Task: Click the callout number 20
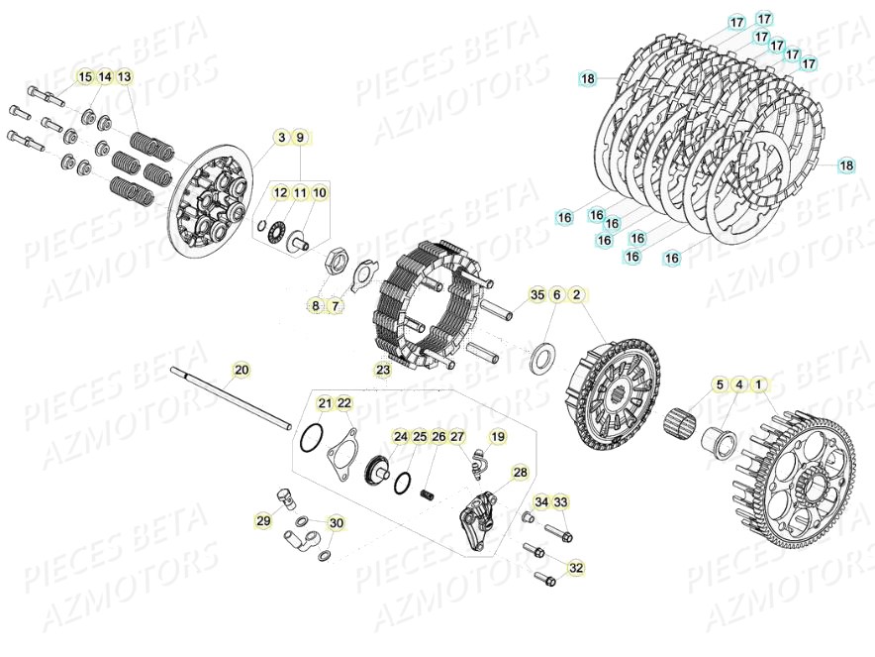(x=242, y=371)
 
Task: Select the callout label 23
(x=383, y=371)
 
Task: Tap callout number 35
(x=536, y=295)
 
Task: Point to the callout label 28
(x=520, y=474)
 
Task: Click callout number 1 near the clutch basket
(x=758, y=383)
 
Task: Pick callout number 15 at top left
(x=84, y=77)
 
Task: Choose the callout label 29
(x=263, y=520)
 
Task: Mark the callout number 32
(x=576, y=568)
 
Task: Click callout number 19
(x=497, y=436)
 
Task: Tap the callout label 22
(x=344, y=403)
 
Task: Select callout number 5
(x=720, y=383)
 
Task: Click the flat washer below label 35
(x=542, y=359)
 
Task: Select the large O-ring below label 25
(x=404, y=484)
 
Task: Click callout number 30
(x=337, y=523)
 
